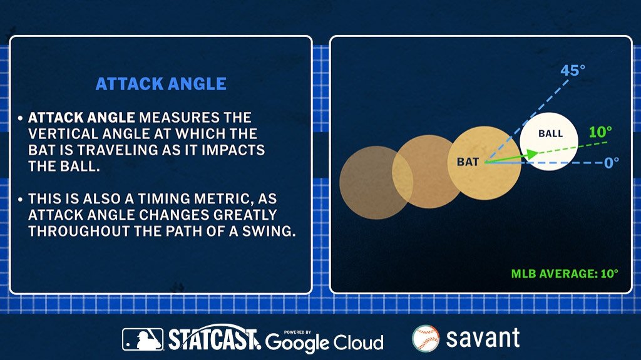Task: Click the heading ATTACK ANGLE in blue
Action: click(161, 84)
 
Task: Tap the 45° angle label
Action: click(573, 70)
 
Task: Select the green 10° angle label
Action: click(600, 131)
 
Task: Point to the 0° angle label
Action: click(612, 163)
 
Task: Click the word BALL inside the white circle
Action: click(550, 133)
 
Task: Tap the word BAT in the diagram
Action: click(468, 162)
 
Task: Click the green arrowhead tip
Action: click(538, 152)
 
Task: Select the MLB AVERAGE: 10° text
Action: click(565, 274)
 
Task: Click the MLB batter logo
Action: click(143, 339)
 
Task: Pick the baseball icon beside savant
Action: click(426, 339)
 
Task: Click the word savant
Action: click(483, 338)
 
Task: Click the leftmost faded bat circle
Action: click(376, 182)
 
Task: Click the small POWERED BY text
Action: click(297, 332)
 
